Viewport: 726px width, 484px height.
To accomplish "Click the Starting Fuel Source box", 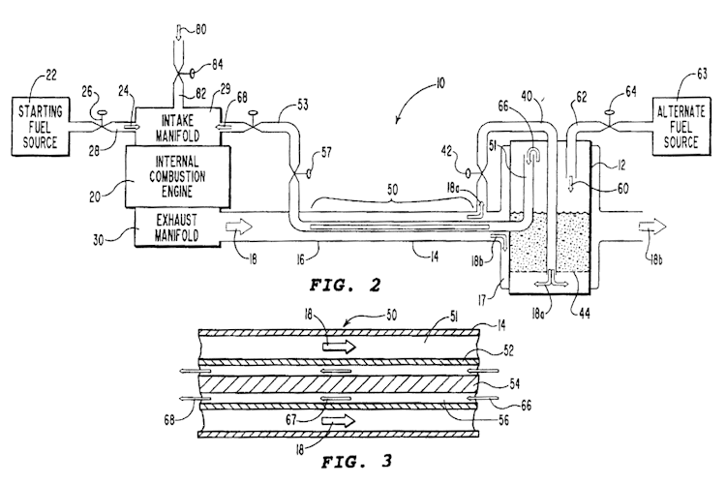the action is coord(41,127).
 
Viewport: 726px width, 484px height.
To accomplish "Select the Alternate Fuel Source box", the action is coord(681,127).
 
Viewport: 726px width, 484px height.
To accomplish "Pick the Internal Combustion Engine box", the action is coord(177,176).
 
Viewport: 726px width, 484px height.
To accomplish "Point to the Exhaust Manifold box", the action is coord(177,227).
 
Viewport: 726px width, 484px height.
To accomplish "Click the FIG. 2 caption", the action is coord(345,285).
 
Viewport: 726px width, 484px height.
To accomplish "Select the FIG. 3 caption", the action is coord(357,462).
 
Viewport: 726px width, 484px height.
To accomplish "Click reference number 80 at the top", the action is coord(200,30).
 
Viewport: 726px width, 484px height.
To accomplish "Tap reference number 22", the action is coord(51,76).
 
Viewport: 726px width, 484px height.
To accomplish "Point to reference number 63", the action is coord(702,75).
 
